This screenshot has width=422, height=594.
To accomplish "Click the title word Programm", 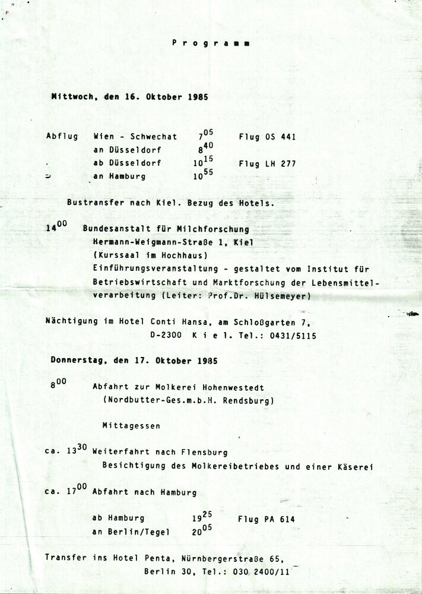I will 211,43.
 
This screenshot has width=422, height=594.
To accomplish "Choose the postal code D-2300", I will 166,336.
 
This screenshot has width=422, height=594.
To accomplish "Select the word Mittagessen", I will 131,426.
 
